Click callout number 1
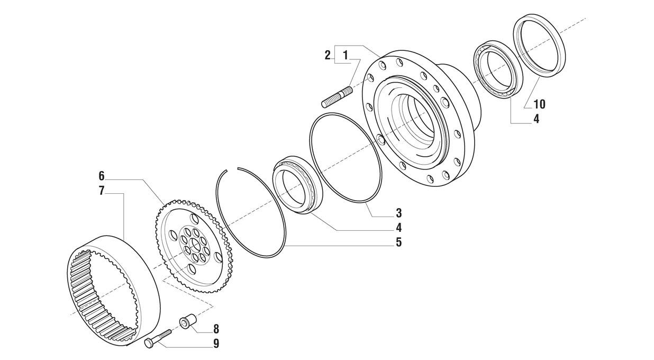pyautogui.click(x=345, y=55)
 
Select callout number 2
pyautogui.click(x=328, y=55)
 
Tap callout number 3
pyautogui.click(x=398, y=213)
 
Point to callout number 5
pyautogui.click(x=398, y=242)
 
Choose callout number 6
pyautogui.click(x=102, y=176)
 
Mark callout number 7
pyautogui.click(x=102, y=191)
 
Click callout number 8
pyautogui.click(x=216, y=329)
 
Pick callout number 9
pyautogui.click(x=216, y=344)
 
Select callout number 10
pyautogui.click(x=539, y=104)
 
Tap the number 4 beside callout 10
pyautogui.click(x=536, y=119)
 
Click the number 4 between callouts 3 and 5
pyautogui.click(x=398, y=228)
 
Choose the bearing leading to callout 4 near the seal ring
pyautogui.click(x=497, y=69)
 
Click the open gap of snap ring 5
pyautogui.click(x=232, y=169)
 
